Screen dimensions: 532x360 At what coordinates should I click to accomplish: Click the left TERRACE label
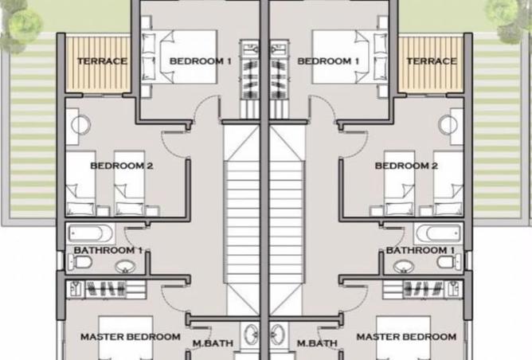click(102, 61)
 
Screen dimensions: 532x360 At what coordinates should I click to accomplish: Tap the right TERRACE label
click(432, 61)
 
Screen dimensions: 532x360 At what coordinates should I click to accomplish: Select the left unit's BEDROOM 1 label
click(200, 61)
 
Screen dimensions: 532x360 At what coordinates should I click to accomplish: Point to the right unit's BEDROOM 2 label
click(406, 166)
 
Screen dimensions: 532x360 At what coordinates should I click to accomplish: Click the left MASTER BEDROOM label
click(131, 337)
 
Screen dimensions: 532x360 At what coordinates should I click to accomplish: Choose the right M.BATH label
click(317, 343)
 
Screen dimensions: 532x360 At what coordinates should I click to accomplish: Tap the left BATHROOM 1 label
click(108, 250)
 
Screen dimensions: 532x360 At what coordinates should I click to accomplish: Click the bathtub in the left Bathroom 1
click(91, 234)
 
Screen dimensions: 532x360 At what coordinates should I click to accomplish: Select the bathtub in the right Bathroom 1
click(439, 234)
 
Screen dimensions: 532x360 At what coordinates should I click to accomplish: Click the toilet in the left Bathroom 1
click(80, 262)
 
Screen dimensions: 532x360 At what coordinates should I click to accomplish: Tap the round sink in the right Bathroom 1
click(404, 267)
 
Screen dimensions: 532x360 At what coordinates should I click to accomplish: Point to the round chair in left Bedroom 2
click(81, 125)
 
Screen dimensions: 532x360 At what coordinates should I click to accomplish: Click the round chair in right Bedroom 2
click(448, 125)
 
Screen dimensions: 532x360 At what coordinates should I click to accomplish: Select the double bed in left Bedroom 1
click(179, 57)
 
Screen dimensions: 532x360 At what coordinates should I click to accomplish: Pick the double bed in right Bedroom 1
click(350, 57)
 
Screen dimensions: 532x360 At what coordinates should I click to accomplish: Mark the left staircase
click(241, 219)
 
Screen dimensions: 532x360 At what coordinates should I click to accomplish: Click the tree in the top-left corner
click(21, 25)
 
